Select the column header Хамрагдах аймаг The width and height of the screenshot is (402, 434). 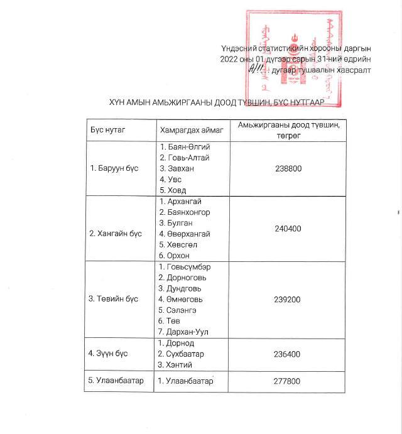[x=187, y=129]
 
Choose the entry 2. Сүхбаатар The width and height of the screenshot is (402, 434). [x=184, y=354]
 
